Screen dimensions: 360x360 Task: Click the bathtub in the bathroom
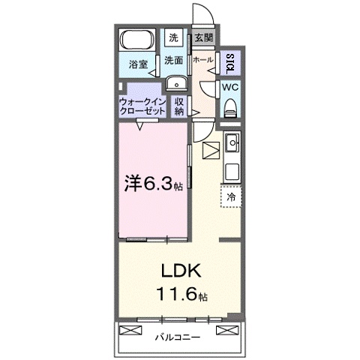[x=136, y=40]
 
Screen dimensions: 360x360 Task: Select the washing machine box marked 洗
[x=173, y=37]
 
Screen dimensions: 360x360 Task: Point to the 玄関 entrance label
[x=202, y=37]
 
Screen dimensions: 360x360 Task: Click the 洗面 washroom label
[x=174, y=60]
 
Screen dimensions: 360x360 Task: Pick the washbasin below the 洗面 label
[x=175, y=83]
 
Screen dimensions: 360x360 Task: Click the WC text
[x=231, y=85]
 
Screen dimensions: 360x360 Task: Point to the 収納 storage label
[x=180, y=106]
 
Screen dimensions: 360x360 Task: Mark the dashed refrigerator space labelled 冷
[x=231, y=197]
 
